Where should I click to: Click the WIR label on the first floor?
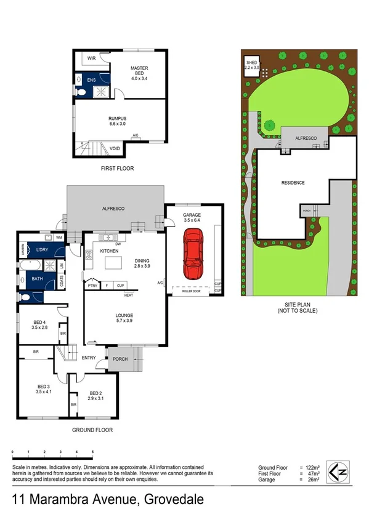click(91, 58)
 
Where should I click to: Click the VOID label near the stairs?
click(114, 148)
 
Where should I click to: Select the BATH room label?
click(38, 278)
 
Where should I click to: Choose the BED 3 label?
click(43, 387)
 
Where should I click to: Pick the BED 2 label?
click(95, 393)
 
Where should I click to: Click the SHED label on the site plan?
click(251, 63)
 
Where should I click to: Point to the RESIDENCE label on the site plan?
click(293, 183)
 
